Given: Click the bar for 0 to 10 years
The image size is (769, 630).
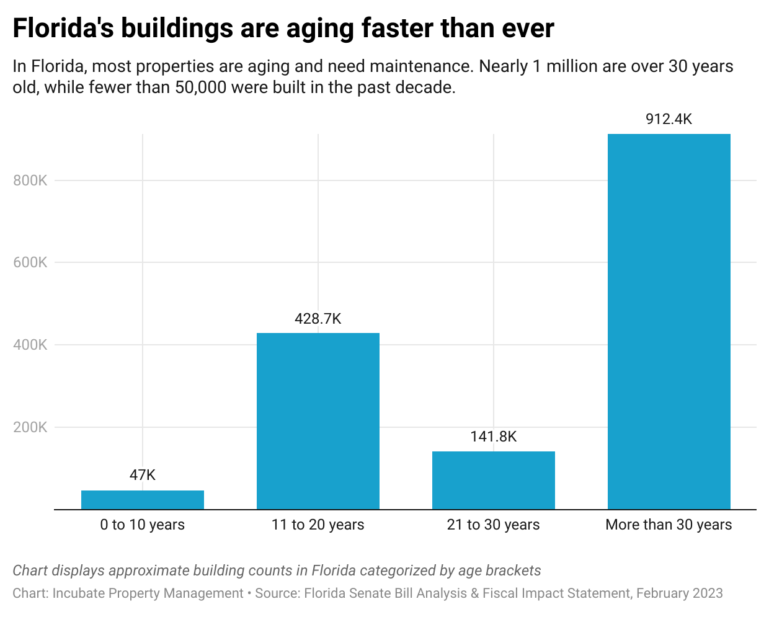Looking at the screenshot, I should pos(143,500).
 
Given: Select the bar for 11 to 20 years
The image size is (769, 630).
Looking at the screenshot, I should pos(318,421).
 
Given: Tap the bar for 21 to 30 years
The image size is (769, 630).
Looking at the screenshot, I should pos(494,480).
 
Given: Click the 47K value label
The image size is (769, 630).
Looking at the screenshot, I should pos(143,475).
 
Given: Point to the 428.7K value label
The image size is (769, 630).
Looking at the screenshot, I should pos(318,319).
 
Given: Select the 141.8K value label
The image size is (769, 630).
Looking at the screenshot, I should pos(494,437).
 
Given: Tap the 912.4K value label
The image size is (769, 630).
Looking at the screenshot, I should pos(669,119).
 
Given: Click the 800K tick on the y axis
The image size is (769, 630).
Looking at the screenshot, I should pos(30,180).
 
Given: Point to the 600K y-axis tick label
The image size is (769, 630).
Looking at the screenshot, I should pos(30,262).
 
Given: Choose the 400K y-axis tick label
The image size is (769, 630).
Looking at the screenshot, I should pos(30,345).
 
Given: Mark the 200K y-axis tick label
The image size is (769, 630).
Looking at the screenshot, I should pos(30,427).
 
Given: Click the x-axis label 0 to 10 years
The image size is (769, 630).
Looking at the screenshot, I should pos(143,525).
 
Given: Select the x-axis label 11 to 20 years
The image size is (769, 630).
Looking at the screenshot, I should pos(318,525).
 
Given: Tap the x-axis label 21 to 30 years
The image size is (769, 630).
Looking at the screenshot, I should pos(494,525).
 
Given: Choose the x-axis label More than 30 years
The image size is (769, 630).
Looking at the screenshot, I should pos(669,525).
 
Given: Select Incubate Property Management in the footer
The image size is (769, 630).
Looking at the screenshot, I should pos(148,593).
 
